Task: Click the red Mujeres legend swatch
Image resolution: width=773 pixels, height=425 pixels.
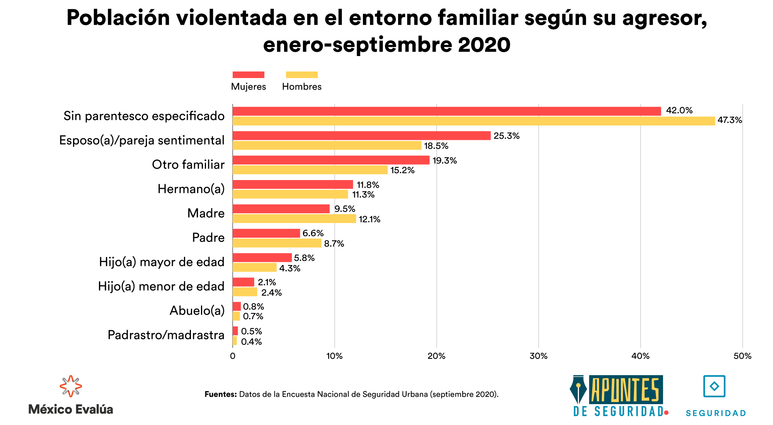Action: coord(248,75)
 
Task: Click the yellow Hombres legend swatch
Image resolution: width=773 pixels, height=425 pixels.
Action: coord(301,75)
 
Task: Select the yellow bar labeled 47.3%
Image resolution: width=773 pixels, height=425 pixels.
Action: coord(473,121)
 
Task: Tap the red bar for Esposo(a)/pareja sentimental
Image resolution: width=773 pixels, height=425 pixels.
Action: coord(361,136)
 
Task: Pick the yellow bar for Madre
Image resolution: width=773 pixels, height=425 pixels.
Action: coord(294,219)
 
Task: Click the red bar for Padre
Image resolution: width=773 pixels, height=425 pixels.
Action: coord(266,233)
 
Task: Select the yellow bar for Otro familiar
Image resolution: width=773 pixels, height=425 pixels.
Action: coord(310,170)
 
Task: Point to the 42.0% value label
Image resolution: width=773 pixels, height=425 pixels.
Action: coord(679,110)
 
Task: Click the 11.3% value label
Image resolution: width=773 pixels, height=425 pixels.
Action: coord(363,195)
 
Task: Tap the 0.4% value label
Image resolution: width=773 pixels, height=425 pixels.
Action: coord(251,342)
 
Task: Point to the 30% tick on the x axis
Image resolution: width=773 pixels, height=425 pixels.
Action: coord(538,356)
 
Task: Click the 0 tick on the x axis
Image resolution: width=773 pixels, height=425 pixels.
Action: coord(233,356)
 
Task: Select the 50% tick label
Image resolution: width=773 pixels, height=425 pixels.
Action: coord(742,356)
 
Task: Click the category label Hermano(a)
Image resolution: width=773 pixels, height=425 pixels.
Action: coord(191,189)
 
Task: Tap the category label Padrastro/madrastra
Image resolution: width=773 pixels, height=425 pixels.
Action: coord(166,335)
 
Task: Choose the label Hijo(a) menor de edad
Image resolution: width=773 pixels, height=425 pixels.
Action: coord(161,286)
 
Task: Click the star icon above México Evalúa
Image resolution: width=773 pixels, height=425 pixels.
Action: coord(71,386)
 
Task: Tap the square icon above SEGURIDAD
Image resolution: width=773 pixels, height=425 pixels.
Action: coord(714,386)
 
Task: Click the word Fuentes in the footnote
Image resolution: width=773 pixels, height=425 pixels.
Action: coord(220,394)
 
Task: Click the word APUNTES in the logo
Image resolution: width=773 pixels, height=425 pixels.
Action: coord(625,390)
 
